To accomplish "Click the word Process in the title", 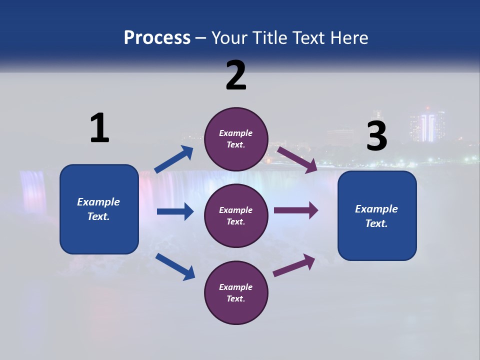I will point(157,38).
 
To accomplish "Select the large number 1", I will point(99,128).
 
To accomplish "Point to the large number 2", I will point(236,75).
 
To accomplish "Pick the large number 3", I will point(376,136).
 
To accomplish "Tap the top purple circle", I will point(236,138).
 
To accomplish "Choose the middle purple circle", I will point(236,215).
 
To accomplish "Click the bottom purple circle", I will point(236,292).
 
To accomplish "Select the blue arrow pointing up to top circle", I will point(174,159).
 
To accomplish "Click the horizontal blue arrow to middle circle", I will point(175,211).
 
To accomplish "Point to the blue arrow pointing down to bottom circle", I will point(175,266).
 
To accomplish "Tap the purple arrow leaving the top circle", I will point(297,159).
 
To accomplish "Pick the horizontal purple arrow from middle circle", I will point(296,210).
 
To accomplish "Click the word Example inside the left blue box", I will point(98,202).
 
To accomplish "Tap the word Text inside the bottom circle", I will point(235,298).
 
